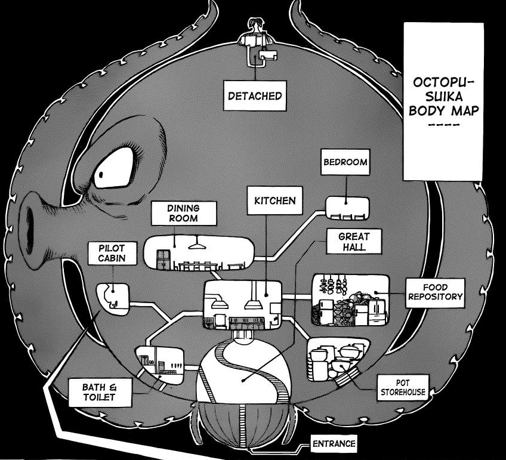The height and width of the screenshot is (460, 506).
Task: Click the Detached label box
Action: [255, 95]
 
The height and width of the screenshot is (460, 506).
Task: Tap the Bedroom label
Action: [344, 161]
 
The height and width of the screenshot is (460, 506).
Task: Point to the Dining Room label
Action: [183, 213]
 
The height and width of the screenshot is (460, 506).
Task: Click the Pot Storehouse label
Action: [403, 387]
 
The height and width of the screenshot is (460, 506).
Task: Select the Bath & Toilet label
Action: [98, 392]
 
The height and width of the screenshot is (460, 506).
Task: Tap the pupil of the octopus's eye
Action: [103, 174]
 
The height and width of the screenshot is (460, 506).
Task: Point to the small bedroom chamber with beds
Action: [347, 208]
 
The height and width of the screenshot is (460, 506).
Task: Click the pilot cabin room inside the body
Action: [112, 297]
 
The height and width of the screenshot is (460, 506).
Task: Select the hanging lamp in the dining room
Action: [195, 244]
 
